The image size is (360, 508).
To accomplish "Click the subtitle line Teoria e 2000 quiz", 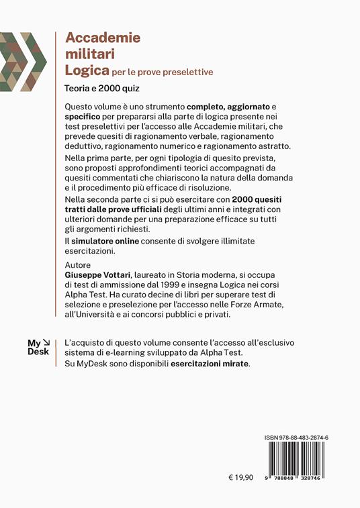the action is [x=106, y=87].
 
